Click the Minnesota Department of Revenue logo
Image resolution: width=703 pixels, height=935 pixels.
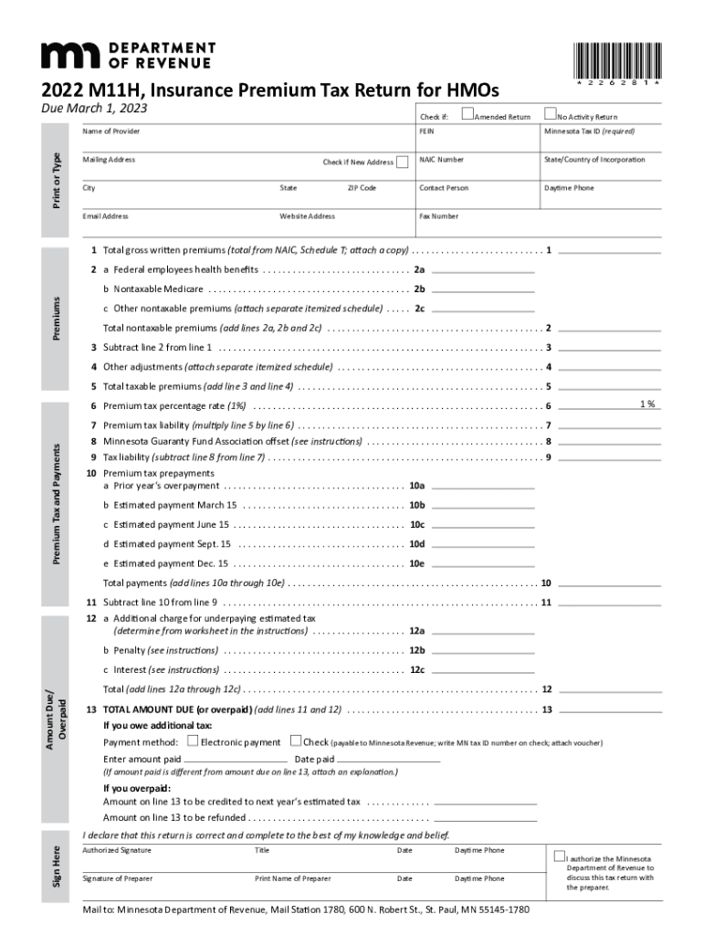point(129,55)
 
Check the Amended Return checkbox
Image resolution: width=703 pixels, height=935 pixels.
point(467,114)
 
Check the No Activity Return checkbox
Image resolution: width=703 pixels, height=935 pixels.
point(550,114)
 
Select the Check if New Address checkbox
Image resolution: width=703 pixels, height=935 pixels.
point(403,162)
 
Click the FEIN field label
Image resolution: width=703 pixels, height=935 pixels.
point(426,131)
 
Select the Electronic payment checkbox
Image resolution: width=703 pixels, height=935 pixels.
point(193,741)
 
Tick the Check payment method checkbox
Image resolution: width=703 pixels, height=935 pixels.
point(296,741)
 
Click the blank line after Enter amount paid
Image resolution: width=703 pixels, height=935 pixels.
point(235,761)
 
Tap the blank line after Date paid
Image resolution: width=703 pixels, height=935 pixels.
point(389,761)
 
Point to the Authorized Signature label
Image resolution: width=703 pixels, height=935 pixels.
point(117,850)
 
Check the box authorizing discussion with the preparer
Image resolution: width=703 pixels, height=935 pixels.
point(559,857)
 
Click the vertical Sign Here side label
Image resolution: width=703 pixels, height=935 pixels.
point(58,866)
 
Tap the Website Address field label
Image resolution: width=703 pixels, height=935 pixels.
point(308,216)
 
